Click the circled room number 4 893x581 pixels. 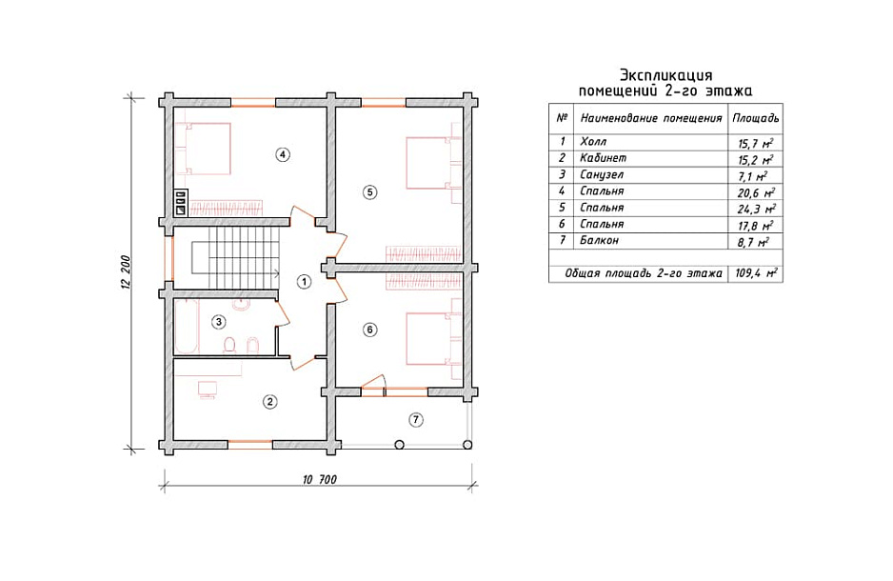click(x=282, y=153)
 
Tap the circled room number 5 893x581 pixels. click(x=369, y=192)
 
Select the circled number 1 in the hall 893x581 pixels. click(x=304, y=281)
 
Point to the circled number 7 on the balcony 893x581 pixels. click(x=416, y=420)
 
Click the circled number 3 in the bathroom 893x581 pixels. click(x=218, y=322)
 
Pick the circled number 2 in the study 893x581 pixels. click(x=269, y=402)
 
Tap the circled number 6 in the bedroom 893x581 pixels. click(x=369, y=330)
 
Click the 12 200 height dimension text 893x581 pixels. click(x=126, y=272)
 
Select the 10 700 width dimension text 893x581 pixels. click(x=320, y=480)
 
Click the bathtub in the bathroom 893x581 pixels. click(x=186, y=327)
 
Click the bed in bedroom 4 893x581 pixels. click(x=203, y=148)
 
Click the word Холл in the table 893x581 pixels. click(x=593, y=141)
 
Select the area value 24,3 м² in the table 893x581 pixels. click(x=756, y=209)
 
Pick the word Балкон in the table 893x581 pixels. click(x=599, y=240)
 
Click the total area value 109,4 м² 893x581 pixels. click(x=756, y=272)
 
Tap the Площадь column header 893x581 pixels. click(x=755, y=118)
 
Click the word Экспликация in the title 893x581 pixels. click(x=665, y=76)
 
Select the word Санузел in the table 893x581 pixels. click(x=602, y=174)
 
